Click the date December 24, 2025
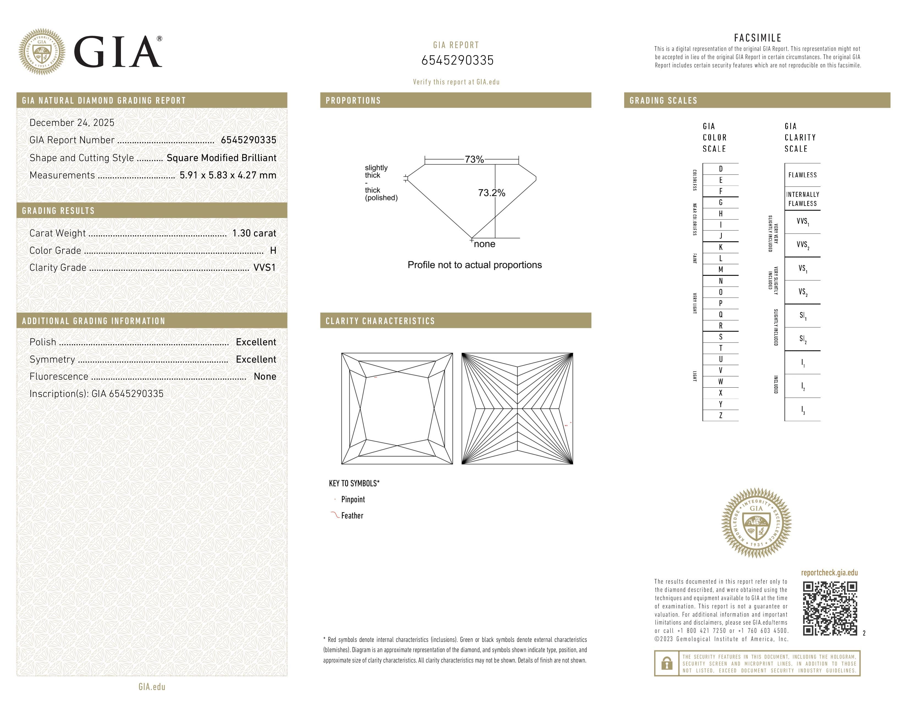pyautogui.click(x=72, y=123)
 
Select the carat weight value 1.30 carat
pyautogui.click(x=254, y=233)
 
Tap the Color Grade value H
pyautogui.click(x=273, y=250)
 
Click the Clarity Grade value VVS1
pyautogui.click(x=264, y=268)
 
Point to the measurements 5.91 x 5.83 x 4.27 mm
pyautogui.click(x=228, y=175)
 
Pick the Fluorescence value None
pyautogui.click(x=264, y=377)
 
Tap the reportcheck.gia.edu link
pyautogui.click(x=829, y=573)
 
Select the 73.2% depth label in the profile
pyautogui.click(x=491, y=193)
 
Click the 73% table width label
pyautogui.click(x=474, y=159)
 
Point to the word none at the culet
pyautogui.click(x=484, y=244)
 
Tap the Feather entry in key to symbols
pyautogui.click(x=352, y=516)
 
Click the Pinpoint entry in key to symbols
pyautogui.click(x=353, y=499)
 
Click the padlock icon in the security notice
pyautogui.click(x=667, y=663)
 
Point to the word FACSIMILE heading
pyautogui.click(x=757, y=38)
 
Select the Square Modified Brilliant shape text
pyautogui.click(x=221, y=158)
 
